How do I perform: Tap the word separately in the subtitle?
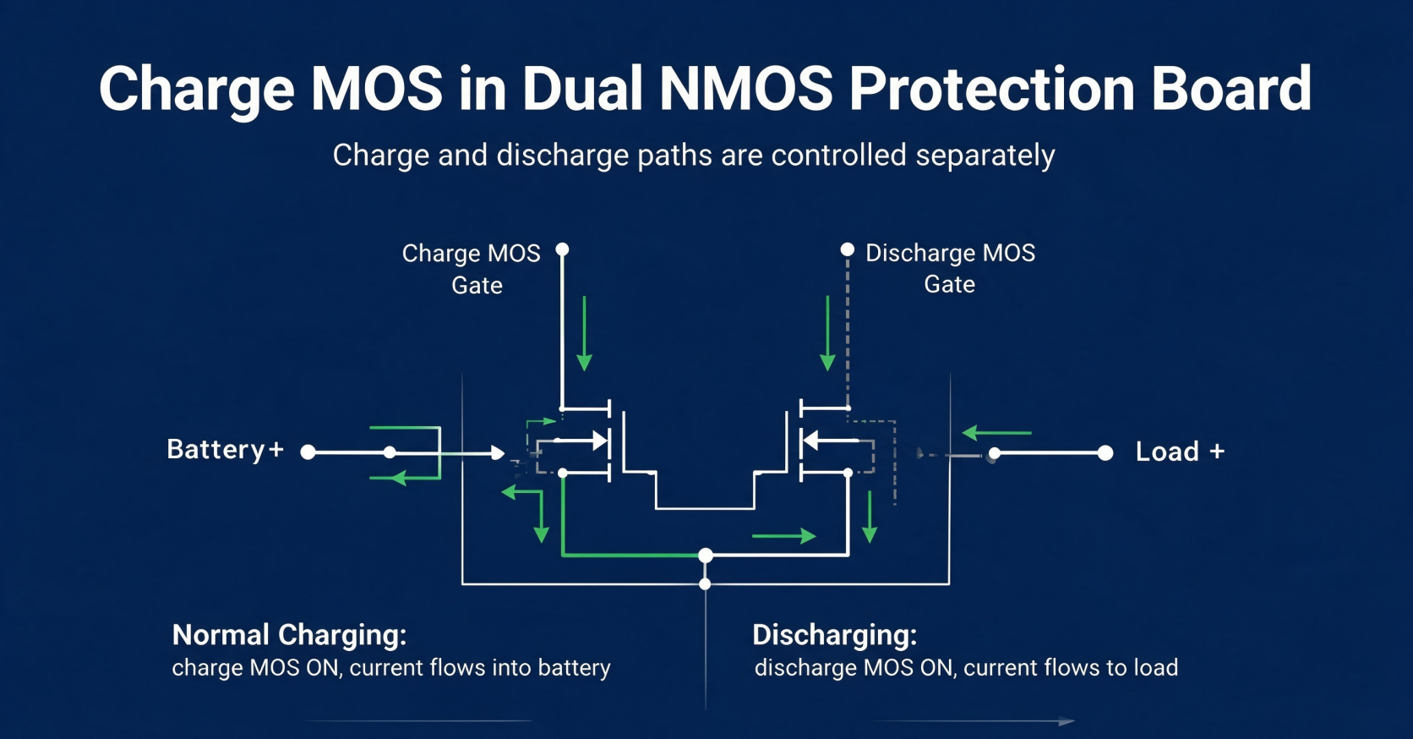(985, 156)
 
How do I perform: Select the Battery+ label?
(225, 450)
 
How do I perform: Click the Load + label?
(1181, 452)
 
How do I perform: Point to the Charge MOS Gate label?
(472, 269)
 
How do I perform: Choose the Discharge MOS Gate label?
(950, 268)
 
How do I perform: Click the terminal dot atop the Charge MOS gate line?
(562, 249)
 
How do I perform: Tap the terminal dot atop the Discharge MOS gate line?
(848, 249)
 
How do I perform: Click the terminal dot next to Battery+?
(308, 452)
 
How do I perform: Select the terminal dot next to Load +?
(1105, 452)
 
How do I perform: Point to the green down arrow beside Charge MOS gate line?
(584, 333)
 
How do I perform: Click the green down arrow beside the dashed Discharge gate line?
(827, 333)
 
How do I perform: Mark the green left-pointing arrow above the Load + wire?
(996, 433)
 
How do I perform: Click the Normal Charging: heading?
(290, 635)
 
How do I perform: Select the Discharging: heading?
(835, 635)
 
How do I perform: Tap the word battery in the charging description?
(574, 668)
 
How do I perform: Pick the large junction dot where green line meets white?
(706, 556)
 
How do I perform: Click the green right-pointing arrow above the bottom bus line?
(784, 536)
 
